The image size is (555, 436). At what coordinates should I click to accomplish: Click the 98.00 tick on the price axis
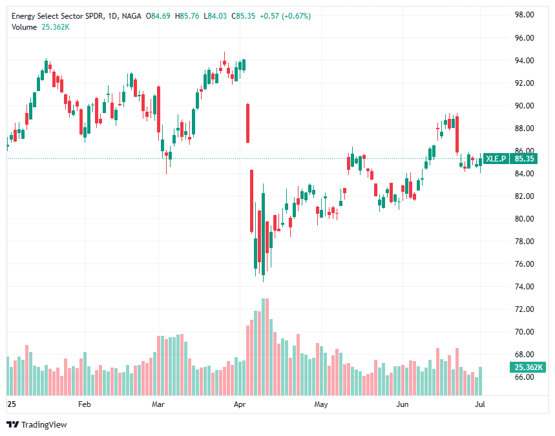point(524,15)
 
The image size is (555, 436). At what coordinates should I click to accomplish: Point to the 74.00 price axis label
point(524,287)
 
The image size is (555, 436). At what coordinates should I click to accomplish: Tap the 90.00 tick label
point(524,106)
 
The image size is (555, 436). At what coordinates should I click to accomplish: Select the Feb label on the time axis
point(84,404)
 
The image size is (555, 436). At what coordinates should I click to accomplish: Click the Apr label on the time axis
point(240,404)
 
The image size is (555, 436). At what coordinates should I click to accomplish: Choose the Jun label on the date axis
point(403,404)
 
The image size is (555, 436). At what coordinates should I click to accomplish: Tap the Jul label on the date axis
point(480,404)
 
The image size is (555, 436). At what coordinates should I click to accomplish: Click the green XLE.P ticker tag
point(496,158)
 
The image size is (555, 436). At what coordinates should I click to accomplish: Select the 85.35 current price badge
point(525,158)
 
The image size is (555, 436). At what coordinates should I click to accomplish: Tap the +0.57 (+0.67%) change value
point(284,16)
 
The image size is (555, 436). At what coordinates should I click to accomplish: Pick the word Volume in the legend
point(24,26)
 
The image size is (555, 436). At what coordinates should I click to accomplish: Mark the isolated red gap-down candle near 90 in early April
point(247,123)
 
